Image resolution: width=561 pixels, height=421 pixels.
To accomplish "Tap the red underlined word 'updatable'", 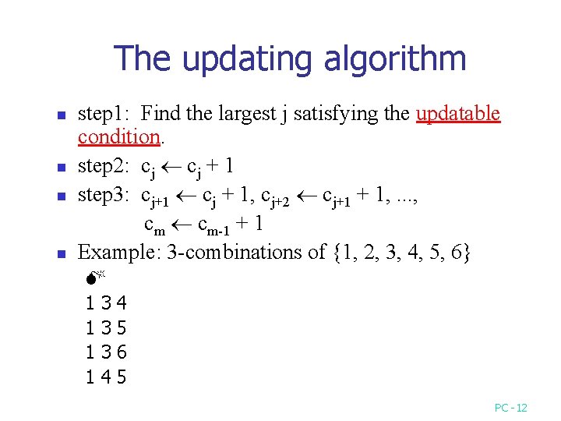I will (x=458, y=114).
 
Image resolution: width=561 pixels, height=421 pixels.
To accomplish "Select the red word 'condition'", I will (x=118, y=137).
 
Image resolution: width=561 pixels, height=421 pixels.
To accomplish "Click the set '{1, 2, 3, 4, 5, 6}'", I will (x=402, y=253).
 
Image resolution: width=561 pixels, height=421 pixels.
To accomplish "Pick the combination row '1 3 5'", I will (x=107, y=328).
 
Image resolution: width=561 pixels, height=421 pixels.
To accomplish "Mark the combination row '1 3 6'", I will (x=107, y=353).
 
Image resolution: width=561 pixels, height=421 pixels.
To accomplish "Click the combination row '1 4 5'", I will (x=107, y=378).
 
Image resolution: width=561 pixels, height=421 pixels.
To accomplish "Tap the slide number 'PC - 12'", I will (x=511, y=408).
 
